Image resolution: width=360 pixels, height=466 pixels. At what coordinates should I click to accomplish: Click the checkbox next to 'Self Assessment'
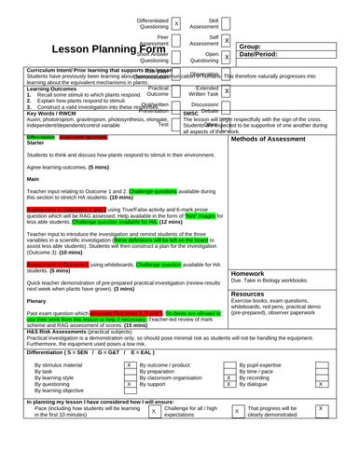coord(226,41)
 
